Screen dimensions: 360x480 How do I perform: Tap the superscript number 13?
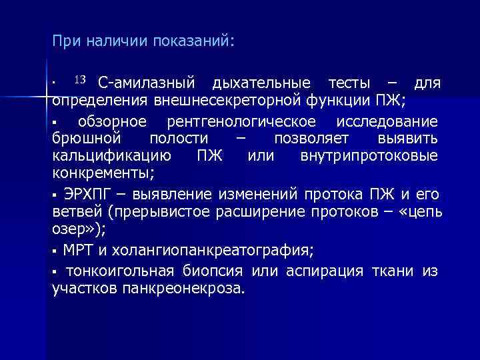[x=79, y=81]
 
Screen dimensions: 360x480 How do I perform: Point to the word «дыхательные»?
[x=261, y=83]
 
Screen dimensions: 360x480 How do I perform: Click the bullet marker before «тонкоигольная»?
[x=55, y=271]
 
